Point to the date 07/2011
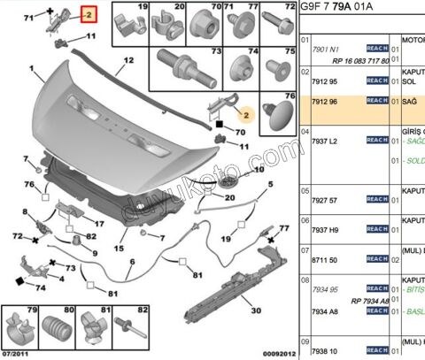coord(16,353)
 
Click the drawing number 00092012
coord(275,353)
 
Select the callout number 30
coord(257,310)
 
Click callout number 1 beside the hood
coord(32,68)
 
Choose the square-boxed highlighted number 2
coord(89,15)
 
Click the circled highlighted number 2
coord(249,115)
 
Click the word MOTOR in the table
coord(413,40)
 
